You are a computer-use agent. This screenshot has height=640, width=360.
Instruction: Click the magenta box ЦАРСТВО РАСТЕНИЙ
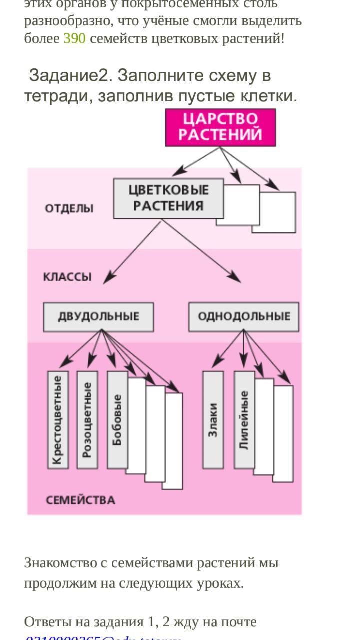tap(220, 127)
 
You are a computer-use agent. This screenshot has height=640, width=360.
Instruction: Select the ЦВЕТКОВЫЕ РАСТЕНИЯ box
tap(168, 198)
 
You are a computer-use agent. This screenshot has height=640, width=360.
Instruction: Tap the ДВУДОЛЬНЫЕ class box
tap(98, 317)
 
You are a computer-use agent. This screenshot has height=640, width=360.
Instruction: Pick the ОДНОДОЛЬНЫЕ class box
tap(244, 317)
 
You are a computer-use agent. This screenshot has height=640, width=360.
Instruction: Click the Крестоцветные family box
tap(58, 420)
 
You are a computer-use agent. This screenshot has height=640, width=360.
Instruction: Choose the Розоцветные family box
tap(87, 420)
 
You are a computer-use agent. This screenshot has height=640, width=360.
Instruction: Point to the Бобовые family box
tap(117, 420)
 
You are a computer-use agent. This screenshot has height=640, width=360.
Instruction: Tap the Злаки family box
tap(213, 420)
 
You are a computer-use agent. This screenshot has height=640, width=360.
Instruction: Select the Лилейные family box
tap(244, 420)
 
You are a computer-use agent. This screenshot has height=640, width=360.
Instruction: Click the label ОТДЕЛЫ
tap(69, 208)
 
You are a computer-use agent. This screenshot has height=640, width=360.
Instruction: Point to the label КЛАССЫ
tap(67, 277)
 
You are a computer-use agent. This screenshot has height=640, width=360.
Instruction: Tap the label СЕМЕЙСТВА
tap(80, 500)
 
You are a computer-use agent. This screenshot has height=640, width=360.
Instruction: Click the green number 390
tap(74, 38)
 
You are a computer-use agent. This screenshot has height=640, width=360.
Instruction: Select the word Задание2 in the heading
tap(68, 76)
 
